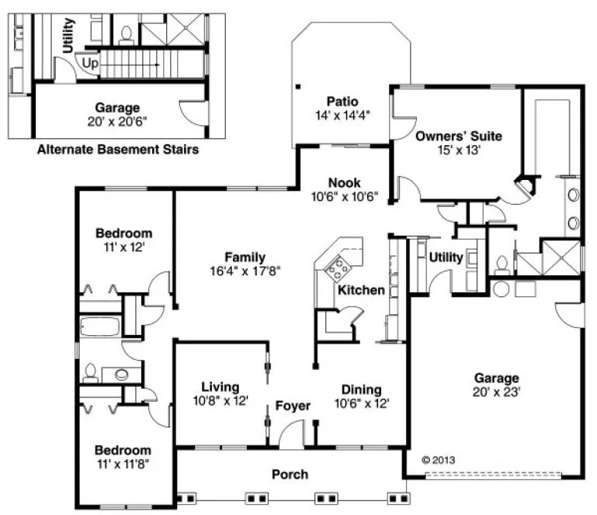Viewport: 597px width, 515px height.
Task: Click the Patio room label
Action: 342,101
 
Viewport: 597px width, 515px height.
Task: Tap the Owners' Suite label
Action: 458,136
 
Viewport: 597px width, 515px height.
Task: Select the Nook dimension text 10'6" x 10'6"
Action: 345,196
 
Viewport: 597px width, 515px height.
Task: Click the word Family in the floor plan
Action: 245,257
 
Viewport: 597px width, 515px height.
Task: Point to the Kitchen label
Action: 361,290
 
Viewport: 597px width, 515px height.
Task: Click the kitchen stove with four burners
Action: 339,270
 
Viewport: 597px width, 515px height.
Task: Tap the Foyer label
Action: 293,406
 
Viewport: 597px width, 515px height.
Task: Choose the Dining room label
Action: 361,389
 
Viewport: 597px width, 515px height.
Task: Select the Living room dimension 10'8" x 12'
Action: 220,401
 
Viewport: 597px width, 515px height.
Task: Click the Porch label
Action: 290,474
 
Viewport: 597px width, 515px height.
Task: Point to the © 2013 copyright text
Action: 439,459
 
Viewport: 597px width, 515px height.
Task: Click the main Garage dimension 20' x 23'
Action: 497,392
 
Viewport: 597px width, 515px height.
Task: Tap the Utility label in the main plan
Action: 446,257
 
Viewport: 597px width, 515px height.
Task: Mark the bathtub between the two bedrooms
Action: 99,325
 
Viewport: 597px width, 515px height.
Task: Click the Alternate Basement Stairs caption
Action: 117,148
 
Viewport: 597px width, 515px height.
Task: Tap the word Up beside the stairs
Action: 90,64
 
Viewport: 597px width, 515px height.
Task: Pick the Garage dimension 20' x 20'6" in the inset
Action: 117,122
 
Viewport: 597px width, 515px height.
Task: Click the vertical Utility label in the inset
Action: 68,35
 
